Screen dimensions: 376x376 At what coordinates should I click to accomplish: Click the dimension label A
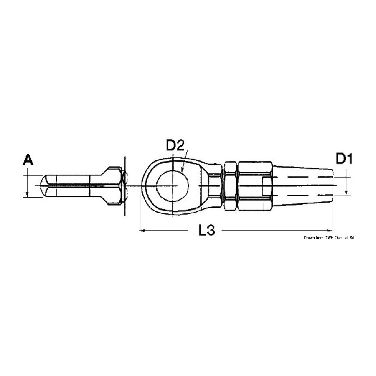pyautogui.click(x=28, y=160)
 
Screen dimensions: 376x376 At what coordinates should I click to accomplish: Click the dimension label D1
pyautogui.click(x=344, y=159)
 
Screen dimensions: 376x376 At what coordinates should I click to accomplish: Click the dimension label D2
pyautogui.click(x=175, y=145)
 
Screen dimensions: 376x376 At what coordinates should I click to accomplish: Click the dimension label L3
pyautogui.click(x=207, y=230)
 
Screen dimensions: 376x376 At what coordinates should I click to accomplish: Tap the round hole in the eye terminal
pyautogui.click(x=173, y=186)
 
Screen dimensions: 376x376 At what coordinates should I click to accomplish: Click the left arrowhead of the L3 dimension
pyautogui.click(x=142, y=231)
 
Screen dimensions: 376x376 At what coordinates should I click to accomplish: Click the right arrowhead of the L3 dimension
pyautogui.click(x=330, y=231)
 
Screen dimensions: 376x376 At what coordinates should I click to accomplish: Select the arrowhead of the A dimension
pyautogui.click(x=27, y=194)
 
